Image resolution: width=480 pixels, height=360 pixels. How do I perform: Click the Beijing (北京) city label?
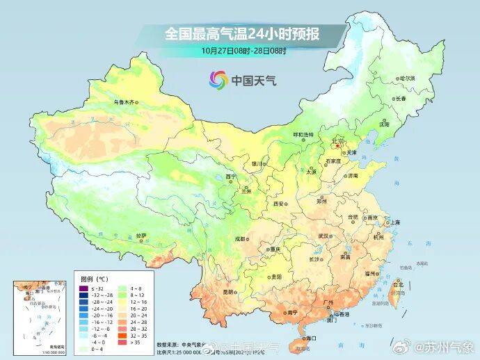click(x=339, y=141)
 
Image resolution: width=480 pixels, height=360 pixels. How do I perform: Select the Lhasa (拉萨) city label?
click(x=142, y=235)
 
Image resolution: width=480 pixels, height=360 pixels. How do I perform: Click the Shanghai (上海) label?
click(x=394, y=222)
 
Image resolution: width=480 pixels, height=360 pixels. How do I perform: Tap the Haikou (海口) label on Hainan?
click(x=309, y=338)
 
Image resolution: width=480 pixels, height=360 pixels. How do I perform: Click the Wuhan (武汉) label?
click(x=323, y=236)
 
